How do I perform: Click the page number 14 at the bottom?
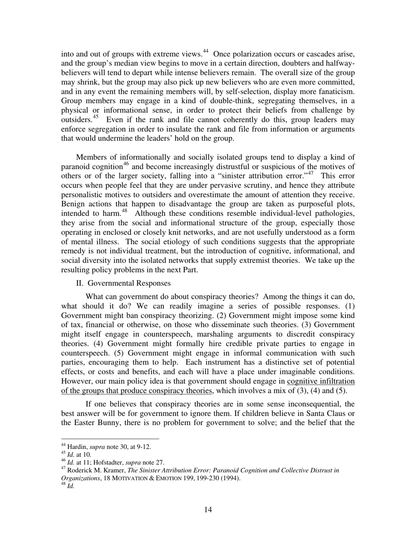[x=208, y=509]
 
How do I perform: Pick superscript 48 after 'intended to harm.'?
[x=124, y=211]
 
